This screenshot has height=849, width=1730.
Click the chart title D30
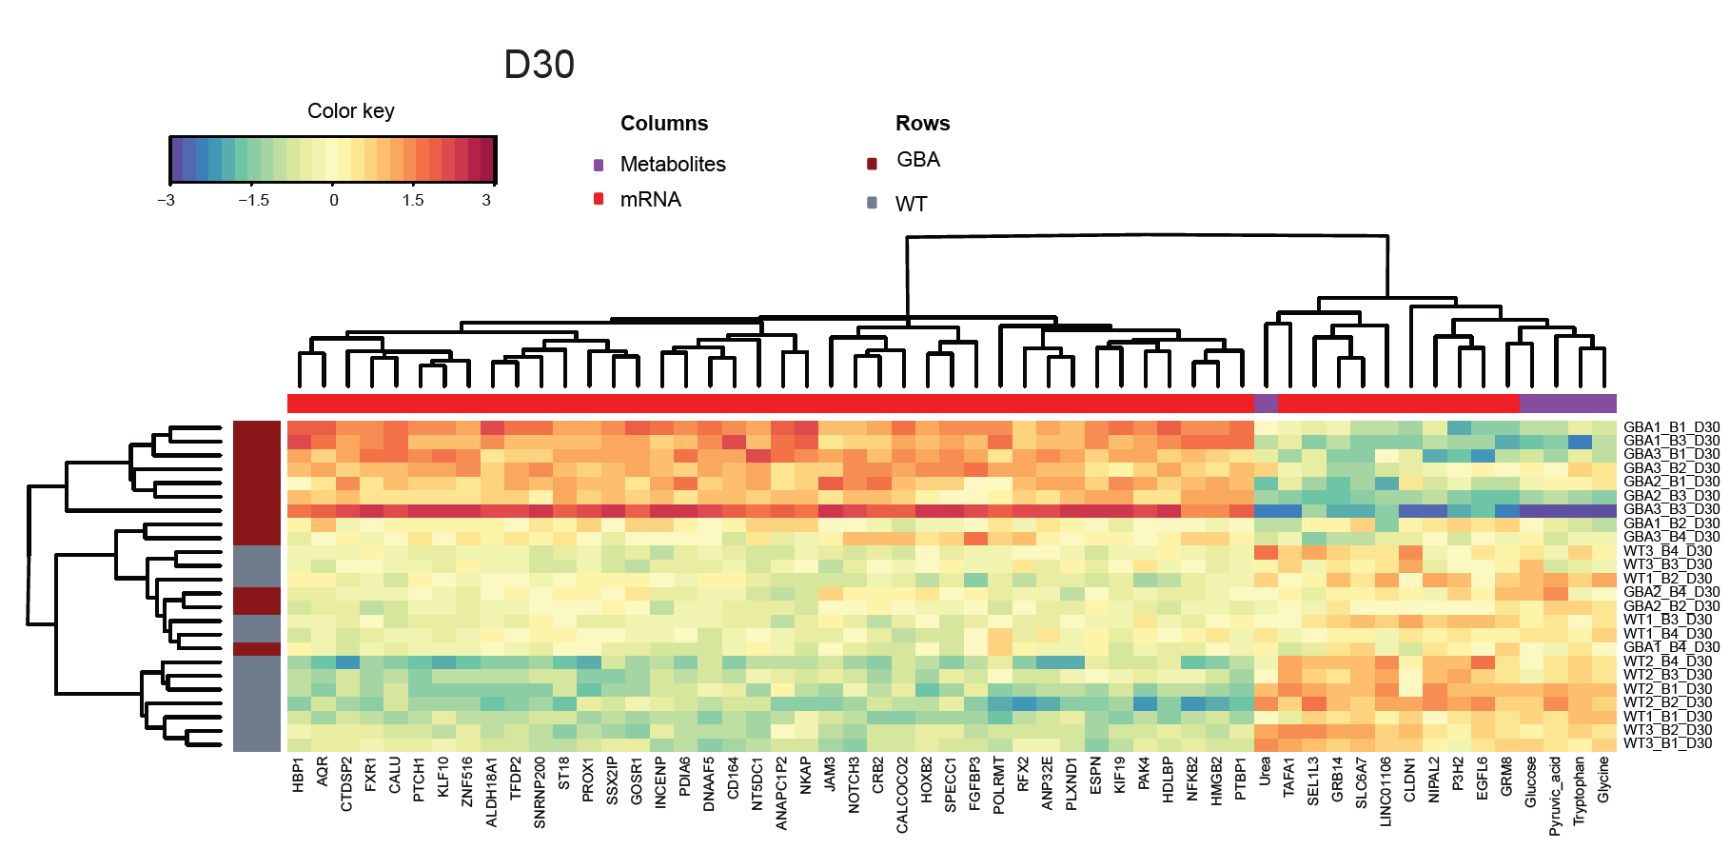[539, 65]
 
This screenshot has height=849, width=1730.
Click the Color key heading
[350, 111]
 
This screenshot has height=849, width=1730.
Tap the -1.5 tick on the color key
[254, 200]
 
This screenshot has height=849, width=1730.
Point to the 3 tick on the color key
[486, 200]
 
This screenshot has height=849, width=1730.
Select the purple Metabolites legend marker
[599, 165]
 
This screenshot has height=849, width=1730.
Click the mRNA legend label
[650, 200]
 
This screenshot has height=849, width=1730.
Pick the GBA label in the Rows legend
[917, 160]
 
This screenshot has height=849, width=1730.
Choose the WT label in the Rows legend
[911, 205]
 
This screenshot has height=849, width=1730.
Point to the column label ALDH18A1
[491, 792]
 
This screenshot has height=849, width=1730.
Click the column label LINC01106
[1386, 791]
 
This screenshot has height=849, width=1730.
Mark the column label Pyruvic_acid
[1555, 796]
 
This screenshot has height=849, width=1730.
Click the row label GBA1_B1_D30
[1671, 427]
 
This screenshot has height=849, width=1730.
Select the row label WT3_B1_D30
[1667, 743]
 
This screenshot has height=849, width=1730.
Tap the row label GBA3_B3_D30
[1671, 510]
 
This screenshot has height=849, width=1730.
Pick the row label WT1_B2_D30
[1667, 579]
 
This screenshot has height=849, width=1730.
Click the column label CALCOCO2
[902, 795]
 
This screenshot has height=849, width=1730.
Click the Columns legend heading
[664, 124]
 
